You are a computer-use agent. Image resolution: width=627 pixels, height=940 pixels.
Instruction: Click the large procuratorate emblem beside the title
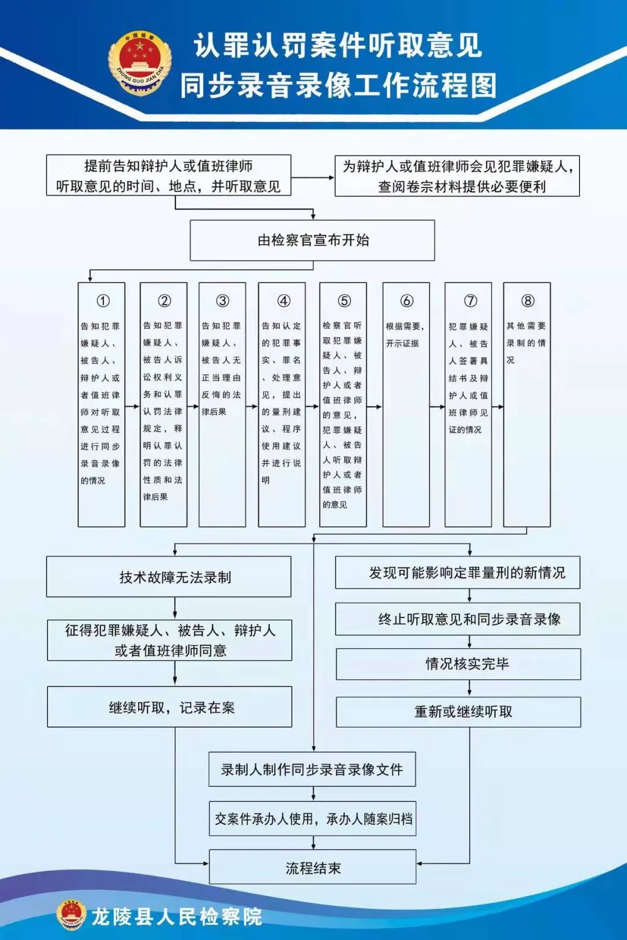[x=140, y=64]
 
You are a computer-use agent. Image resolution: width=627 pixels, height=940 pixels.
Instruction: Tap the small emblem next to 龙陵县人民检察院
[x=71, y=914]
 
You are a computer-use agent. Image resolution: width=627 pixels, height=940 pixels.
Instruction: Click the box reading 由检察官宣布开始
[x=312, y=240]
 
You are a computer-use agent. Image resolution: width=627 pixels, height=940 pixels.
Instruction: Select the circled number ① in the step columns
[x=103, y=301]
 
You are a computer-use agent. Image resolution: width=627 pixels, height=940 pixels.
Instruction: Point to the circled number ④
[x=284, y=301]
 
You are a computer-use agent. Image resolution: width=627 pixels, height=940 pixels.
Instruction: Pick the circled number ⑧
[x=528, y=301]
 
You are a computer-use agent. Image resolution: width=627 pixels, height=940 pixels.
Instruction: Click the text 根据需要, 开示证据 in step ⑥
[x=405, y=334]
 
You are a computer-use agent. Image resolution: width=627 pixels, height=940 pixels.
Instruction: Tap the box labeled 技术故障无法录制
[x=169, y=577]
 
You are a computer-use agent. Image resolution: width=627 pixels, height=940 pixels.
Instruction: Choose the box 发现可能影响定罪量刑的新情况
[x=457, y=572]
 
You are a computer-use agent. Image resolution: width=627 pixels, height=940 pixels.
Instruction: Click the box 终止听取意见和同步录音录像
[x=457, y=619]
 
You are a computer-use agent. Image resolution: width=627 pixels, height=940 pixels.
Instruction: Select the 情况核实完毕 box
[x=459, y=664]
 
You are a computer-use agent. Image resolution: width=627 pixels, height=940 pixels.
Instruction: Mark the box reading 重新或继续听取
[x=459, y=712]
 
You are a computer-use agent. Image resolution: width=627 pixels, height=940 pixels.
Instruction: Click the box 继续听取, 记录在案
[x=170, y=707]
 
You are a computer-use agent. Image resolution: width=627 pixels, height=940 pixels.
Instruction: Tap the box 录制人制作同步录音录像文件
[x=312, y=769]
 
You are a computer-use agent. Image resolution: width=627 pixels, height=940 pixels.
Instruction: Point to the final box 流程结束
[x=312, y=867]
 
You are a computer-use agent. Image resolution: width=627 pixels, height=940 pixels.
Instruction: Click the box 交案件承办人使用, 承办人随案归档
[x=312, y=818]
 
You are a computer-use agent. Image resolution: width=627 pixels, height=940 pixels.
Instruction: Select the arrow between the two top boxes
[x=313, y=178]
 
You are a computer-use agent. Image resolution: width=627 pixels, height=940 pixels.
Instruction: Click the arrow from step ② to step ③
[x=193, y=406]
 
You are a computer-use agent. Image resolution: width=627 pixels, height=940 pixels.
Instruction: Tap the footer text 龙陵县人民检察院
[x=177, y=917]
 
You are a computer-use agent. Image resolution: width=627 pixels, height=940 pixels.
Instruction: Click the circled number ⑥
[x=406, y=301]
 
